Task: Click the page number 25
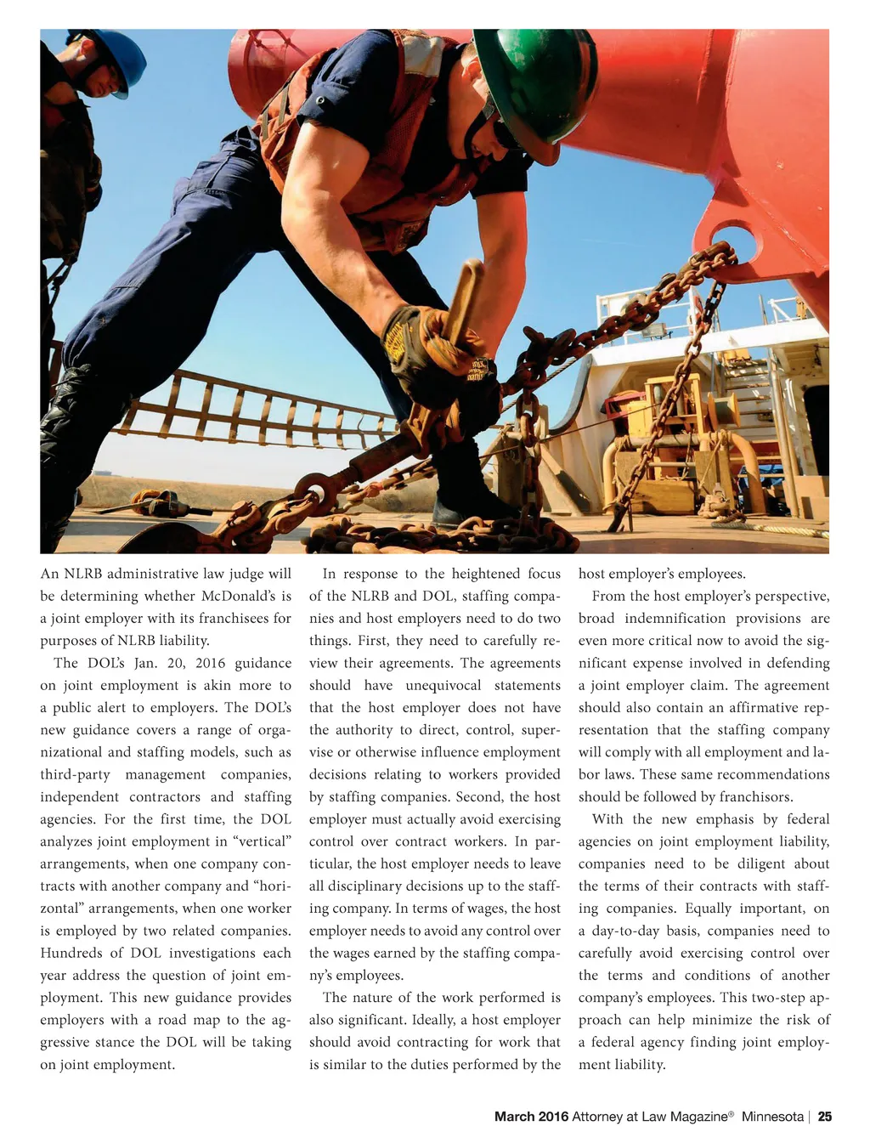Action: tap(825, 1116)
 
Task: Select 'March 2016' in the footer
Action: tap(531, 1116)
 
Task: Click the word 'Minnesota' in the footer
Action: tap(772, 1116)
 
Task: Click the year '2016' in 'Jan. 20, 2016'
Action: tap(208, 663)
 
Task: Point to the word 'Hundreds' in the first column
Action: tap(71, 953)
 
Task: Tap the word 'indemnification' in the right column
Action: tap(675, 618)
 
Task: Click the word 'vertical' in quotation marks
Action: tap(260, 841)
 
